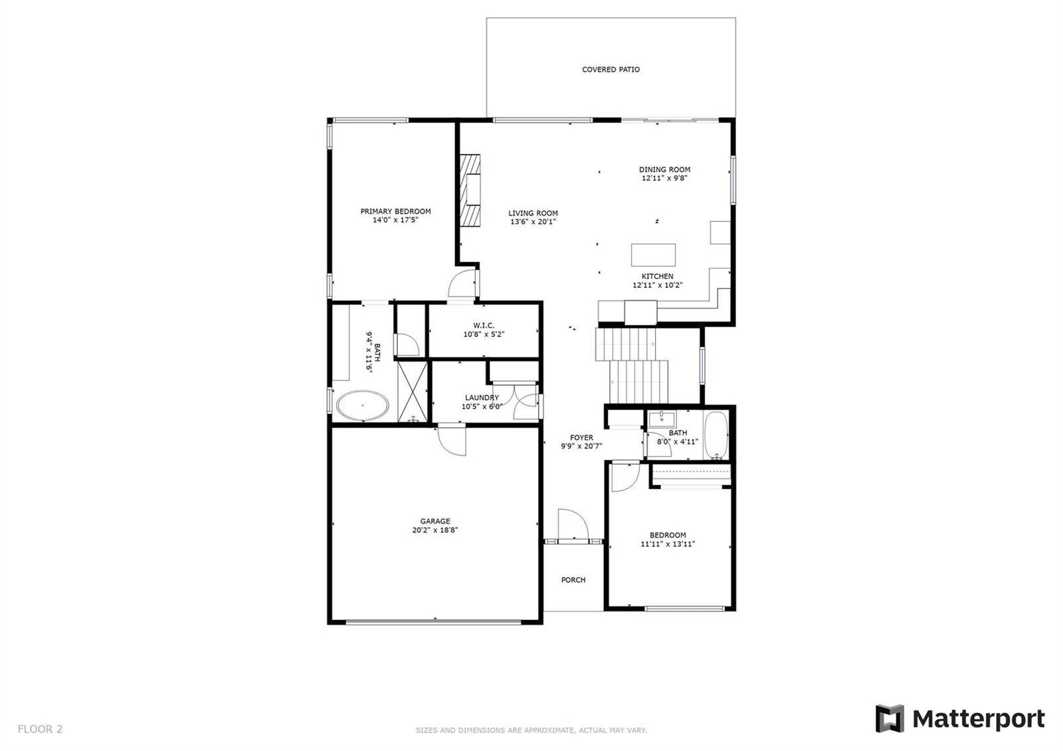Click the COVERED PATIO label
pos(611,69)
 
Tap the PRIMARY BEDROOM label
pos(395,211)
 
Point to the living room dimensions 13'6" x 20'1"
pos(533,222)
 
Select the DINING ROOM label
pos(664,169)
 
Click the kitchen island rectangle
pos(653,255)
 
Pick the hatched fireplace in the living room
pos(469,190)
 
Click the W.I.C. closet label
pos(484,325)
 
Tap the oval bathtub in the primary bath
pos(363,405)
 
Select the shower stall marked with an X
pos(413,391)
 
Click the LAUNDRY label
pos(482,397)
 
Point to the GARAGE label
pos(435,521)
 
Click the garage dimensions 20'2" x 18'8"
pos(435,530)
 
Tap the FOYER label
pos(581,437)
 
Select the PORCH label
pos(573,580)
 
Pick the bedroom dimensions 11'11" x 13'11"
pos(668,544)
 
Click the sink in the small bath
pos(662,419)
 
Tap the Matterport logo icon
pos(890,718)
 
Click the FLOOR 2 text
pos(40,728)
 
